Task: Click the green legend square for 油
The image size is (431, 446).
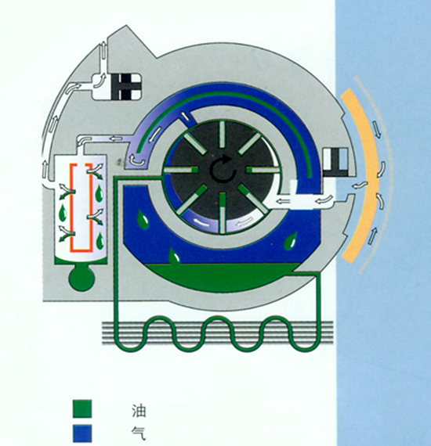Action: [x=82, y=408]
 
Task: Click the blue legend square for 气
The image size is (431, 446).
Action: [x=82, y=433]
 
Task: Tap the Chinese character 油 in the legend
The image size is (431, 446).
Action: [x=139, y=411]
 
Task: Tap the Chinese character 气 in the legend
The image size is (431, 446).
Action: [x=139, y=434]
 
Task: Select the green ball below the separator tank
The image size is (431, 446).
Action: [x=81, y=279]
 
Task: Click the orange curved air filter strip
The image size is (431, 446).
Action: [x=362, y=176]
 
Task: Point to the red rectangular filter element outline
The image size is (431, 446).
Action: [x=81, y=207]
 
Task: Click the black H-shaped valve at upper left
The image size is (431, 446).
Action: [x=125, y=87]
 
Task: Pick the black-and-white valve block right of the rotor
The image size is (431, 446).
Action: [x=335, y=162]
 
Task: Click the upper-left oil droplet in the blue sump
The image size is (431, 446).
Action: [x=143, y=218]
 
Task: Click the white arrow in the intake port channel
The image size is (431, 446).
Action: [x=324, y=200]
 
